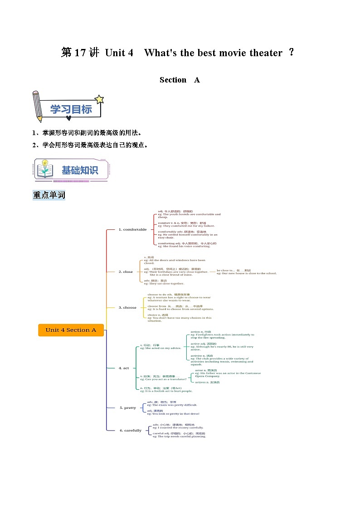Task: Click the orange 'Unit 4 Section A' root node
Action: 71,330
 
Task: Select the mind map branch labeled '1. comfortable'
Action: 132,229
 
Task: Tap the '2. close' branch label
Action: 126,272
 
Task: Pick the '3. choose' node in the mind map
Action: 127,307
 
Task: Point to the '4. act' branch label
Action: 123,368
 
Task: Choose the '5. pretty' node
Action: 128,407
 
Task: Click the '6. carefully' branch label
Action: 131,430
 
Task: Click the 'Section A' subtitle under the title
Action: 180,80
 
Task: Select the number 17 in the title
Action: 80,53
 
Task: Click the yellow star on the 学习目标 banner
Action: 99,99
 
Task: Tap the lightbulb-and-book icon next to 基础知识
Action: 44,169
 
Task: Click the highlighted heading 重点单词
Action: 49,195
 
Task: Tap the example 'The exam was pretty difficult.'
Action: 172,405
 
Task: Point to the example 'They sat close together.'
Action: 164,284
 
